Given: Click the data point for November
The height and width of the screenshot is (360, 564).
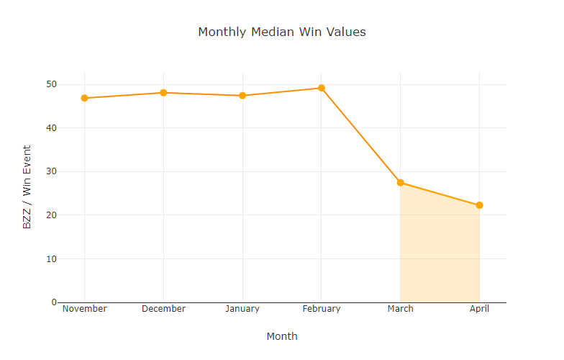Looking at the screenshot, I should [x=85, y=98].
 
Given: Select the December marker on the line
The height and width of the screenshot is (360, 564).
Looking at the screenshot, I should [x=163, y=93].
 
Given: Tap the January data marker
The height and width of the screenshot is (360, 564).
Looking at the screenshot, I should [x=242, y=96].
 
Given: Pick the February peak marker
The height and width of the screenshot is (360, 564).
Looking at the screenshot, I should [x=322, y=88].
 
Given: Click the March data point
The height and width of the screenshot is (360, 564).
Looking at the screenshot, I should [x=401, y=183].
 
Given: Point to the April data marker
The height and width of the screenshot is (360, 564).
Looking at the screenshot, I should [x=479, y=205].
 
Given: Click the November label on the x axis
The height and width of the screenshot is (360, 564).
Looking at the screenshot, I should [x=85, y=309].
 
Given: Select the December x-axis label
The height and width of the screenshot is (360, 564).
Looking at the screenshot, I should [x=163, y=309].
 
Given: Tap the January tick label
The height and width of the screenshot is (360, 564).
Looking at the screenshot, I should [x=242, y=309].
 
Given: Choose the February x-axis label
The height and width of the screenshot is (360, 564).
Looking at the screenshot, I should [x=322, y=309].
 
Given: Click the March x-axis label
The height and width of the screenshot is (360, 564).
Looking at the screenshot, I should [x=401, y=309].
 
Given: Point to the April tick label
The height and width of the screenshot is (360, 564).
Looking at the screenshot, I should [x=479, y=309].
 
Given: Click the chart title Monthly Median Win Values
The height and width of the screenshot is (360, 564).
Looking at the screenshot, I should [x=282, y=32].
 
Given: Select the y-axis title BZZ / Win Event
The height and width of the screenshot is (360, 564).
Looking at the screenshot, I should [x=27, y=187].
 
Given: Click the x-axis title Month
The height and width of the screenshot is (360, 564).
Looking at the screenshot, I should [x=282, y=336].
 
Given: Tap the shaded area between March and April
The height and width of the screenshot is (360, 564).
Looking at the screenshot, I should [x=440, y=252].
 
